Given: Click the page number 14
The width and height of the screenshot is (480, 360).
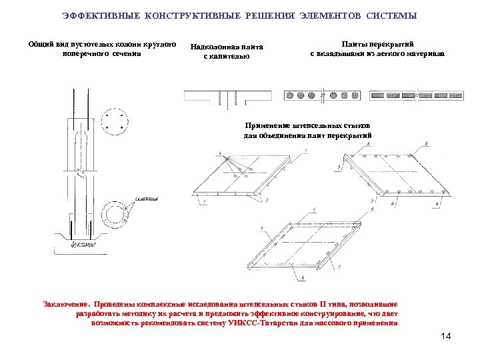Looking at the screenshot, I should pyautogui.click(x=446, y=336).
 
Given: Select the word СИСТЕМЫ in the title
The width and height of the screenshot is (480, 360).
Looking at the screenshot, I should pyautogui.click(x=393, y=15).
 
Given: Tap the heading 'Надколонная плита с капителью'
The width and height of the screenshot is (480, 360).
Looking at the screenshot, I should pyautogui.click(x=227, y=51).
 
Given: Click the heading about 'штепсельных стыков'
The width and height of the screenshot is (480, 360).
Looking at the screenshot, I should pyautogui.click(x=307, y=130).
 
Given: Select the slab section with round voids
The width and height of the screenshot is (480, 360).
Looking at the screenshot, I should pyautogui.click(x=321, y=95).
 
